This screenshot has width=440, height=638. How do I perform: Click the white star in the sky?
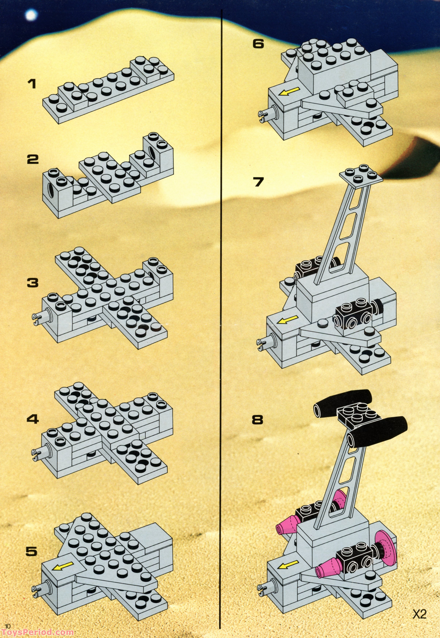(31, 15)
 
